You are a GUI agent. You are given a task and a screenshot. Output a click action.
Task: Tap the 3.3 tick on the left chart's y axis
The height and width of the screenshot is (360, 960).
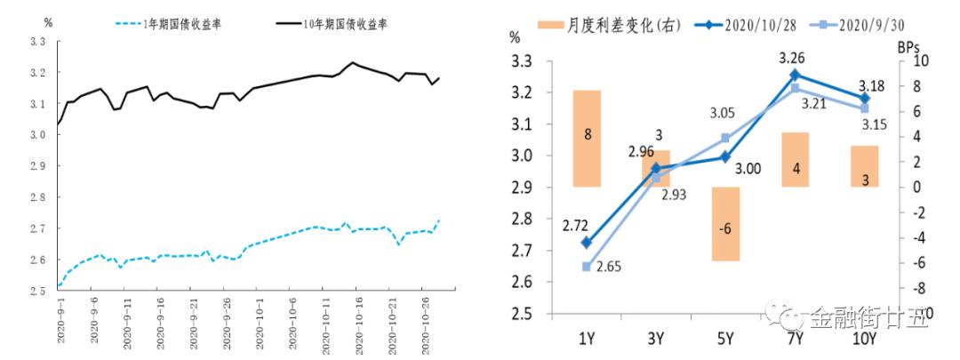37,42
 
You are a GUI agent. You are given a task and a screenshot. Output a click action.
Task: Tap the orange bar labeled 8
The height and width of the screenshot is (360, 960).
587,138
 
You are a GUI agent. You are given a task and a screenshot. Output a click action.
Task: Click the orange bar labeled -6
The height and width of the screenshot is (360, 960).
725,224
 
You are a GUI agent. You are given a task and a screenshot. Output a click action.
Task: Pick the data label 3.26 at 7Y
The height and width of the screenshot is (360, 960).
793,59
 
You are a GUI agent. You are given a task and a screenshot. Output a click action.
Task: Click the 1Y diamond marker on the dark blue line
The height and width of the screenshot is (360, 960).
587,242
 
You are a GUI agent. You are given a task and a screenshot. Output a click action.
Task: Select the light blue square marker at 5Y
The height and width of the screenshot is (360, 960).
725,138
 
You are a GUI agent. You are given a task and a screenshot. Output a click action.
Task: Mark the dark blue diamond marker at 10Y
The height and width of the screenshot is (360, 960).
863,99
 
